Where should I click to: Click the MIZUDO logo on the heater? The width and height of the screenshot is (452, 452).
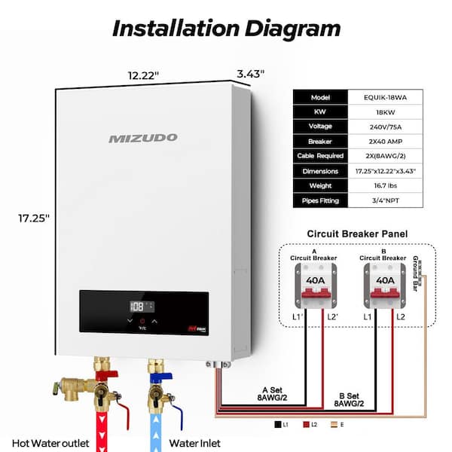click(142, 138)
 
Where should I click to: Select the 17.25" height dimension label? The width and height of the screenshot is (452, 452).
click(34, 218)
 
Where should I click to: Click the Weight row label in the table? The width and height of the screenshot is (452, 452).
click(320, 185)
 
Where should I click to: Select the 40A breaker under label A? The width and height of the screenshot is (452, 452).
click(314, 279)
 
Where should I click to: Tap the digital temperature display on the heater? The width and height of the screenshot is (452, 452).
click(142, 307)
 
